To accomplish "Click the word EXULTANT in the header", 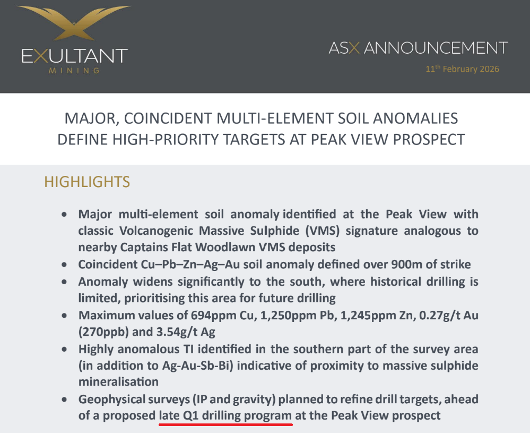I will (74, 56).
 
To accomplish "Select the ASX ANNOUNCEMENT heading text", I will (418, 48).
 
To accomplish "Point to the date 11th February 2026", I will (462, 69).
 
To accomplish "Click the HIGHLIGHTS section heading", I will (87, 182).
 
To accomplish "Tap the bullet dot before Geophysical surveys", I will (64, 399).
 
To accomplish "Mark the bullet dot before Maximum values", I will (64, 315).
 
